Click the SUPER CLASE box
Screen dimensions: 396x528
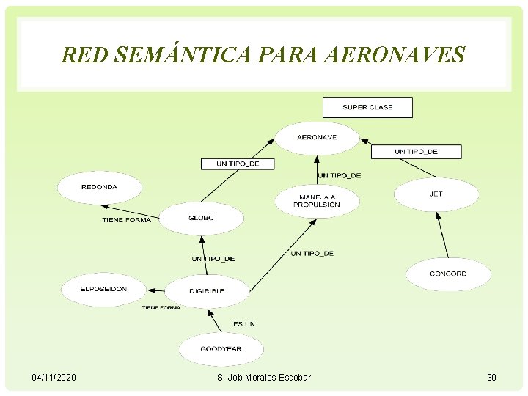click(x=367, y=107)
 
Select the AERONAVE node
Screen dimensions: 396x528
click(x=317, y=137)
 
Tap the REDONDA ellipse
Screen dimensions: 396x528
click(x=99, y=187)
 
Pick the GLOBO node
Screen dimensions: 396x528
click(x=201, y=218)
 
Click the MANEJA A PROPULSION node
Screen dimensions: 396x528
click(x=317, y=201)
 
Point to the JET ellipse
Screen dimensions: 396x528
click(x=436, y=194)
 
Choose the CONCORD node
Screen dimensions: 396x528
click(x=448, y=274)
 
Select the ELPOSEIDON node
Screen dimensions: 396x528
click(x=103, y=289)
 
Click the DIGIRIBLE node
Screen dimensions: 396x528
click(x=207, y=291)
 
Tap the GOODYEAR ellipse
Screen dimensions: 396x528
click(x=221, y=349)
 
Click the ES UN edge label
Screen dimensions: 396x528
click(x=244, y=324)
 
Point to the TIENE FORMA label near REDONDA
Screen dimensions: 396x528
click(x=126, y=220)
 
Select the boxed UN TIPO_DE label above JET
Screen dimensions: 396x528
click(x=416, y=152)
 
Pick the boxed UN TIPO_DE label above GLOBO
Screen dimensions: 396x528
click(x=238, y=164)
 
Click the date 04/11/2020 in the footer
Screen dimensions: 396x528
click(x=54, y=377)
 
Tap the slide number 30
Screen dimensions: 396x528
click(x=491, y=377)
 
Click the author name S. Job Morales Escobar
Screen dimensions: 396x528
click(x=264, y=377)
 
